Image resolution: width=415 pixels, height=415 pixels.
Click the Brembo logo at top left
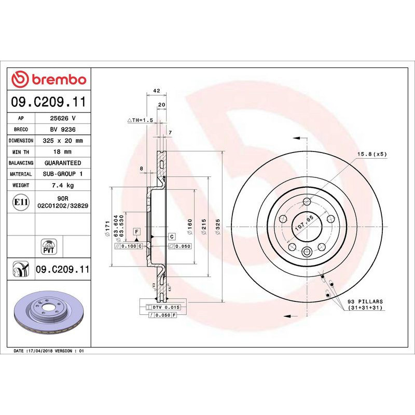tap(49, 79)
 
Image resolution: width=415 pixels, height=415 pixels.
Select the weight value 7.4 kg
tap(63, 185)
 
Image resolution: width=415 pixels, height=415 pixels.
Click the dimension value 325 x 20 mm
tap(63, 141)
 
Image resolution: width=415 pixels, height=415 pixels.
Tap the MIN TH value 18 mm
tap(63, 151)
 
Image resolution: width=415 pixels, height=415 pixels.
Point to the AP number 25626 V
tap(63, 118)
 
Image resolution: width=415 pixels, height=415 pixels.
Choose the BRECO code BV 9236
tap(63, 129)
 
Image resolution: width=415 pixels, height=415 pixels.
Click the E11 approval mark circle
tap(21, 202)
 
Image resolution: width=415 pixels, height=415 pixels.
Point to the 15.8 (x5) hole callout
tap(372, 154)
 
